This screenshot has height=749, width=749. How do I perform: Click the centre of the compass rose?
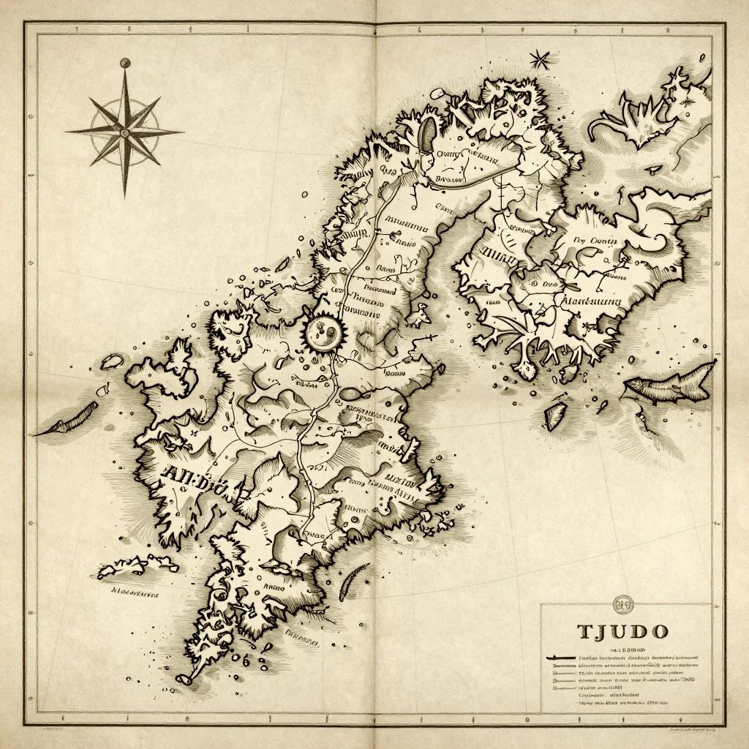tap(124, 132)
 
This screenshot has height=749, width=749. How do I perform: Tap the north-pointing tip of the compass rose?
tap(124, 73)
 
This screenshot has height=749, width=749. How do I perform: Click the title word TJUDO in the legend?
tap(622, 631)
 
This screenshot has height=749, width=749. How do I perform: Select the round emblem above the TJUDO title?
tap(623, 603)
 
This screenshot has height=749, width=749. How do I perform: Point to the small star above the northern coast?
tap(540, 59)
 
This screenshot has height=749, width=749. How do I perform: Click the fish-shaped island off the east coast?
tap(669, 383)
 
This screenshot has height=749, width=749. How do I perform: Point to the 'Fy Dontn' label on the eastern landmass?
tap(595, 239)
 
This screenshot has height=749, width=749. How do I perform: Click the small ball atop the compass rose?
tap(124, 64)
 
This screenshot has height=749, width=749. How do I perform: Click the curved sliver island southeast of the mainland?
tap(354, 581)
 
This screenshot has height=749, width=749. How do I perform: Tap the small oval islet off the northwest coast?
tap(113, 361)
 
